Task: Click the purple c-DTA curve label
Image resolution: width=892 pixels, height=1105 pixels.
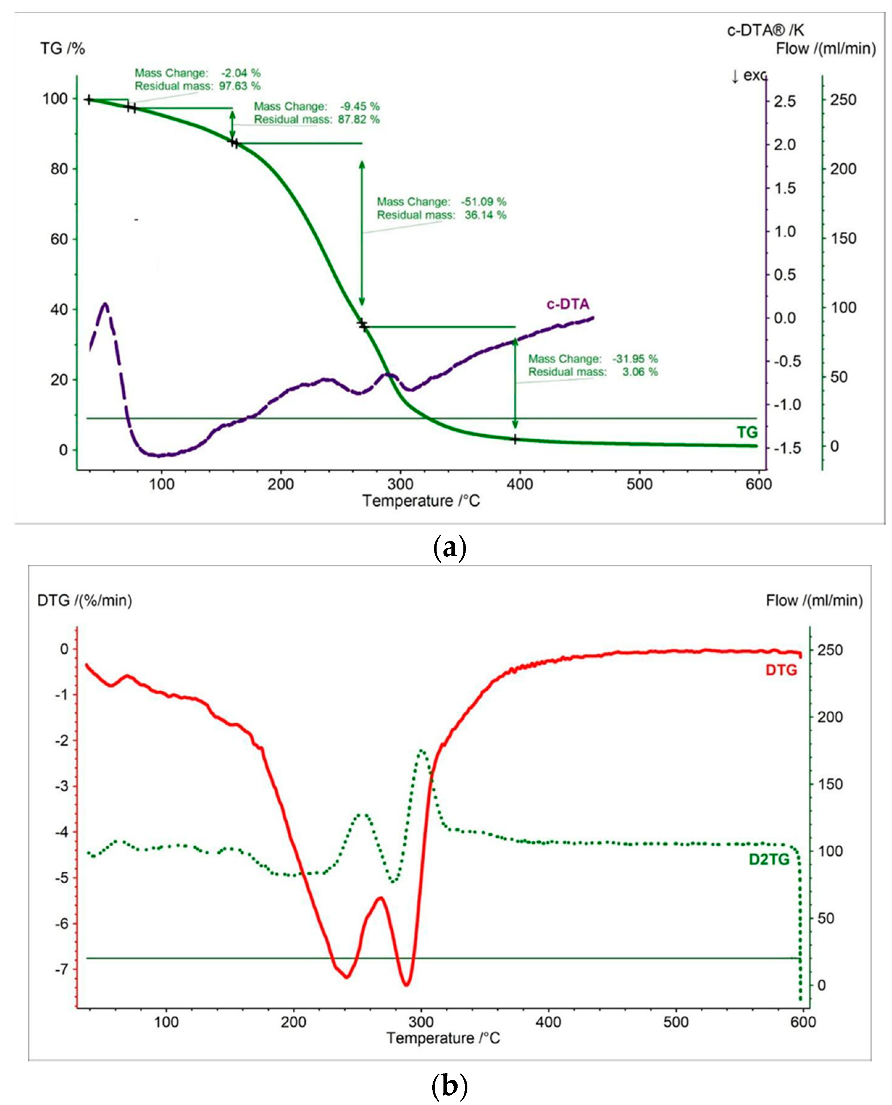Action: point(567,304)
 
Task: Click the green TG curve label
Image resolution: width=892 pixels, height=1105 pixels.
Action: point(747,432)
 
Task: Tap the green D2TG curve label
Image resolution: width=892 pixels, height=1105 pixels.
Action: point(769,859)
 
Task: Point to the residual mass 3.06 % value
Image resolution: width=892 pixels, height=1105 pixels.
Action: point(640,372)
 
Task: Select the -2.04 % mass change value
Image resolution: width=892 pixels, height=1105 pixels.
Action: point(241,73)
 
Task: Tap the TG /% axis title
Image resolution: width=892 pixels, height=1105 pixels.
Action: point(62,49)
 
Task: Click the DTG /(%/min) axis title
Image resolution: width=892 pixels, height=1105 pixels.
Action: point(84,600)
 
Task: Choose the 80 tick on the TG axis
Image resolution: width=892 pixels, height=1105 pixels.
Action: point(59,169)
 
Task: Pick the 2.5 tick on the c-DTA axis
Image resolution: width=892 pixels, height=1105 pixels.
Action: point(785,101)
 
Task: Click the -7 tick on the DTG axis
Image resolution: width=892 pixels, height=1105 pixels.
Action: point(61,969)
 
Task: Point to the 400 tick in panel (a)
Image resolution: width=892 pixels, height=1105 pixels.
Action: point(520,484)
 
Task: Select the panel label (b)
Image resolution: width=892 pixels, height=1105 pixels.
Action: point(450,1086)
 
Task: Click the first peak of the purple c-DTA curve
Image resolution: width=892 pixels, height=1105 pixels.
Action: point(105,304)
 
